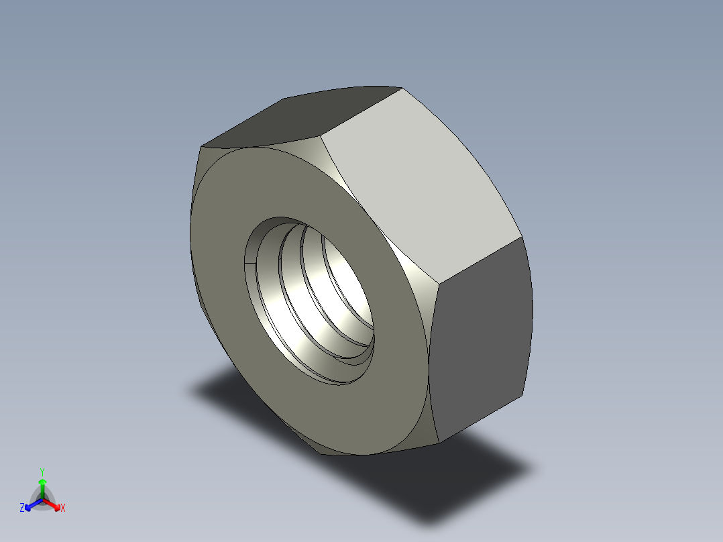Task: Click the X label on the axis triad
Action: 63,508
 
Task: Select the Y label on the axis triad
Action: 42,472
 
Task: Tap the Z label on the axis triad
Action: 22,508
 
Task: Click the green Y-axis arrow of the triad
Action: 42,486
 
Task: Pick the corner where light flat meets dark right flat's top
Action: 521,237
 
